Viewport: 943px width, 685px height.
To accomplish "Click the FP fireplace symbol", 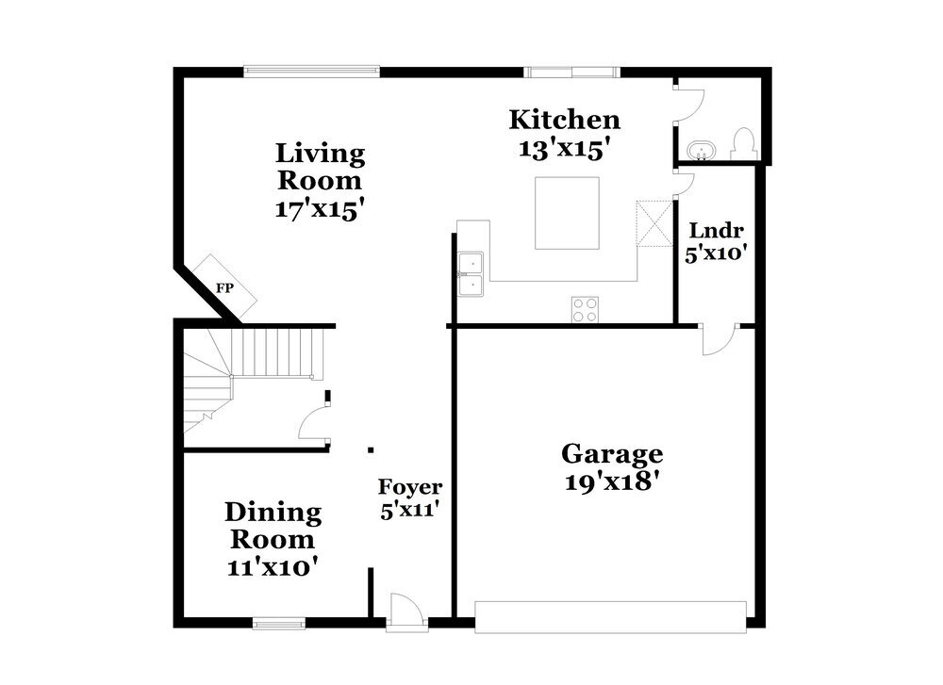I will point(225,286).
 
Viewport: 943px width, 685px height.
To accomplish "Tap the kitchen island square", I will point(567,213).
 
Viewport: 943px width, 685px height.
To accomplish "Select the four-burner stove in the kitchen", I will point(585,309).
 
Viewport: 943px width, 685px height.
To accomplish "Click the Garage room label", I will point(611,454).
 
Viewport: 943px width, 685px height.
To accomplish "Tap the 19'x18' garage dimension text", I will point(611,481).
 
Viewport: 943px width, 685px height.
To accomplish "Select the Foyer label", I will point(410,487).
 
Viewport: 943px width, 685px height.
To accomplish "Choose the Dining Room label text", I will point(273,526).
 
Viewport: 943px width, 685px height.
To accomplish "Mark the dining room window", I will point(279,623).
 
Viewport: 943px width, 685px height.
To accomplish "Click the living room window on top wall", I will point(311,70).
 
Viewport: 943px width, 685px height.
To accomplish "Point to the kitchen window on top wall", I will point(572,70).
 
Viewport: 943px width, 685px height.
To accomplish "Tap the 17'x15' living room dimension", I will point(320,208).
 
